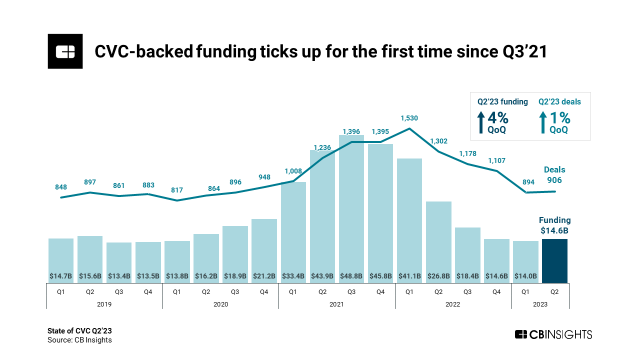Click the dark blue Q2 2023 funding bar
tap(555, 261)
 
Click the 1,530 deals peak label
tap(409, 118)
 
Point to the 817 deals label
tap(177, 190)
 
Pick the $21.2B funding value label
tap(264, 275)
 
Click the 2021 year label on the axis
tap(336, 304)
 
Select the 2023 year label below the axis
tap(540, 304)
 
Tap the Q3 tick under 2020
tap(235, 291)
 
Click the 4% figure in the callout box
tap(498, 118)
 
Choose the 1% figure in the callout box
tap(560, 118)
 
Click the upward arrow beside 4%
tap(481, 122)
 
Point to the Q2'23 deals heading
tap(559, 102)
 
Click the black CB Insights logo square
tap(65, 51)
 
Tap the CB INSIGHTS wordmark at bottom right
tap(553, 334)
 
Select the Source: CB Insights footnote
tap(79, 340)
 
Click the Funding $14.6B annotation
tap(554, 225)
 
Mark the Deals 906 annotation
tap(554, 175)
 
